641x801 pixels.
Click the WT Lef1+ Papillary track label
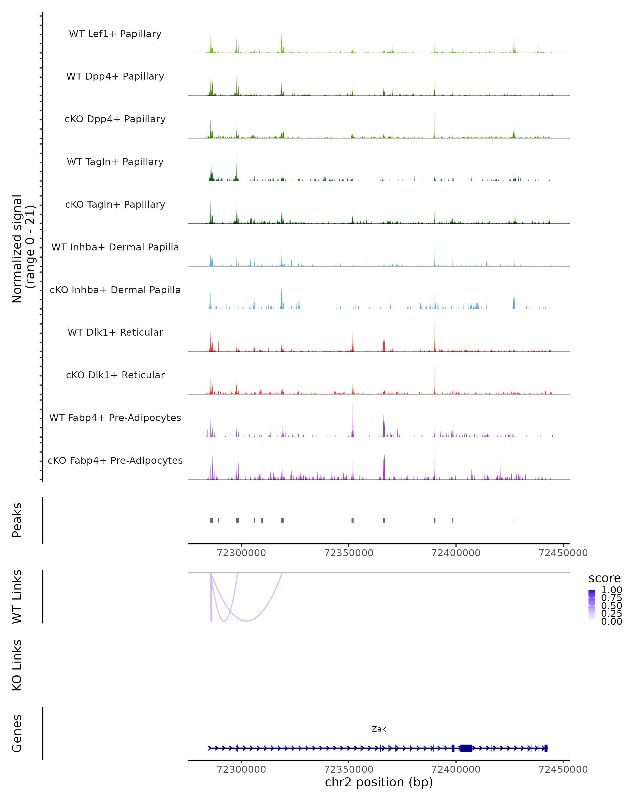point(115,34)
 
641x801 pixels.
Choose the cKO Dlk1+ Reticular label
point(115,375)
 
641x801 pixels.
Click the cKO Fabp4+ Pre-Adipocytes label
point(115,460)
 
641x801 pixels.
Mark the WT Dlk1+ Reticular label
point(115,332)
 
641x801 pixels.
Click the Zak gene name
point(379,729)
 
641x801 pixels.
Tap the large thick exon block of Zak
point(466,748)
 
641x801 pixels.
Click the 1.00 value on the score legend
point(611,590)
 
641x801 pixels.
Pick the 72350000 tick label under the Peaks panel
point(349,553)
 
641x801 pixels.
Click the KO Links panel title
point(17,665)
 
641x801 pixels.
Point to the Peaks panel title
point(17,520)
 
